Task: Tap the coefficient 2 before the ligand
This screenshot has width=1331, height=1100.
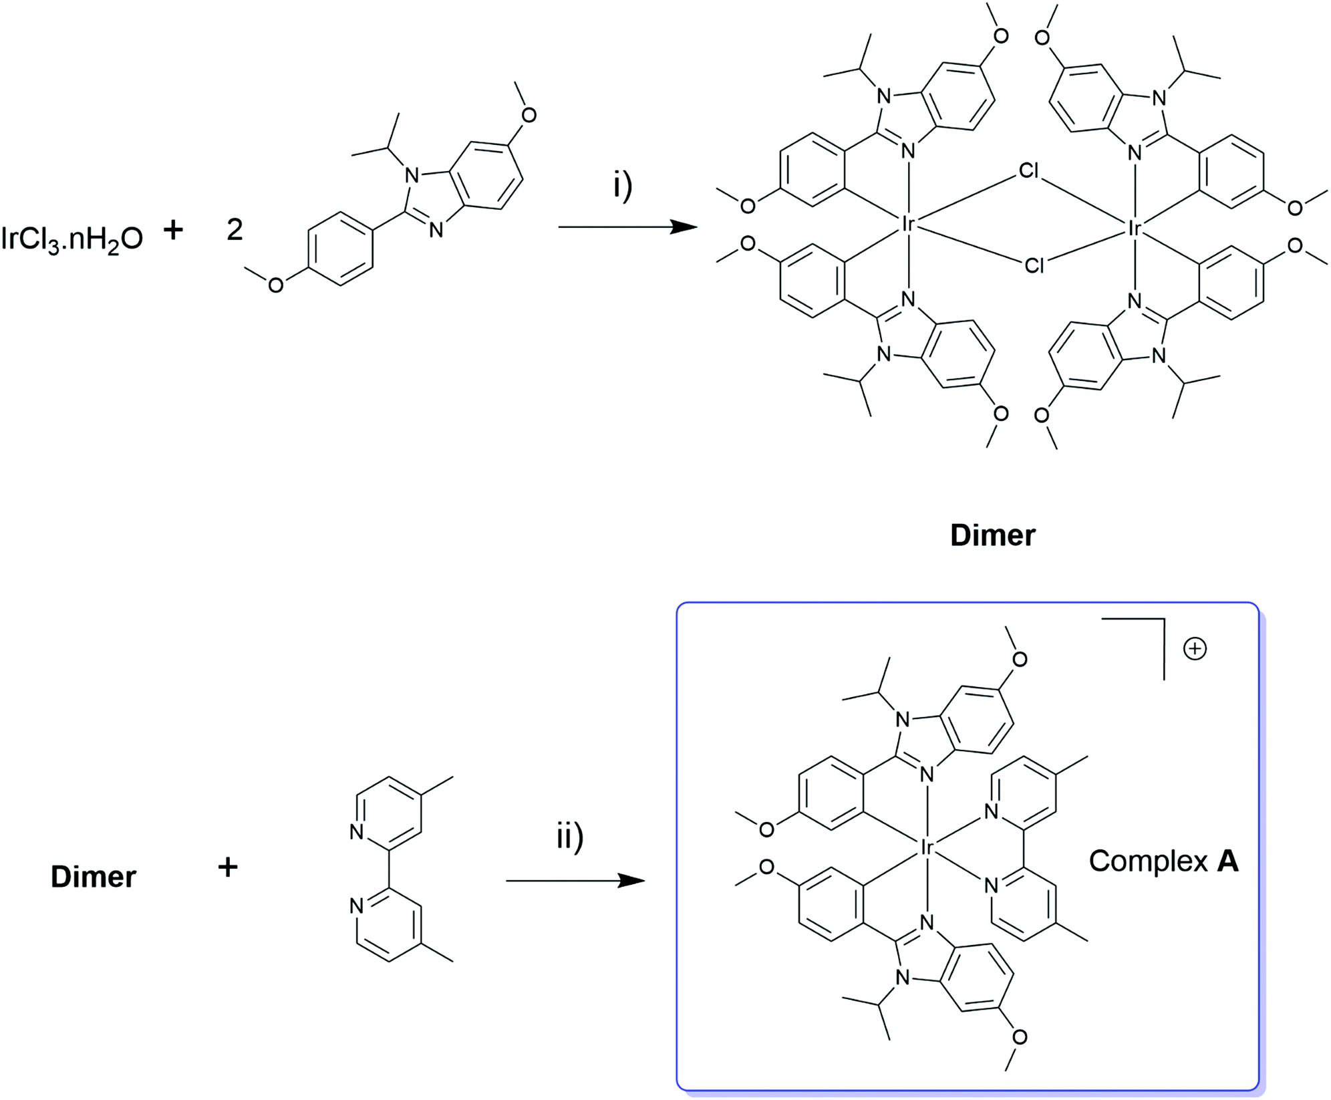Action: point(235,230)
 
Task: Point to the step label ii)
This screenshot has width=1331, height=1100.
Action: point(570,837)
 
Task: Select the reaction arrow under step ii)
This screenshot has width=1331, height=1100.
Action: point(575,881)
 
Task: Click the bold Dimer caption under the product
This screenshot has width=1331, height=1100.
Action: point(992,535)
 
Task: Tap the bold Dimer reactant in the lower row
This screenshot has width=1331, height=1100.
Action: point(94,877)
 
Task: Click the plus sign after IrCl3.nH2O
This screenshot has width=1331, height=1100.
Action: point(173,230)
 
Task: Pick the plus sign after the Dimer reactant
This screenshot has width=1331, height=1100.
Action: point(228,867)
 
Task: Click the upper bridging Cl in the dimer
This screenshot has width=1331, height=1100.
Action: point(1029,171)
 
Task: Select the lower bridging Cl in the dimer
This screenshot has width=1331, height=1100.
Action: point(1034,266)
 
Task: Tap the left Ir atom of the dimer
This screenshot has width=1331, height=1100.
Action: point(907,225)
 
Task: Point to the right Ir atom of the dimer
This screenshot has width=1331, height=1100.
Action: point(1135,229)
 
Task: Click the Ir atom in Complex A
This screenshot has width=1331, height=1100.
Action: point(927,848)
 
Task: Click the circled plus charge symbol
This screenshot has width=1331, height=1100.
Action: point(1195,649)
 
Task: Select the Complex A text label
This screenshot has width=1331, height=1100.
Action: point(1163,861)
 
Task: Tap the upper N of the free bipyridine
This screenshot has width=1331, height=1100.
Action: point(357,832)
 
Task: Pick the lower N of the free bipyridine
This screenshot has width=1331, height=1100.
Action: point(357,906)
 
